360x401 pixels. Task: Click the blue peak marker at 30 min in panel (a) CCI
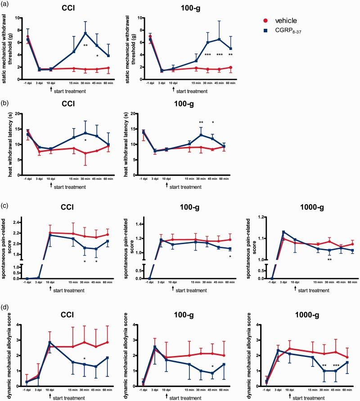tap(85, 33)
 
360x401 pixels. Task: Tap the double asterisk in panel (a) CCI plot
tap(85, 45)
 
